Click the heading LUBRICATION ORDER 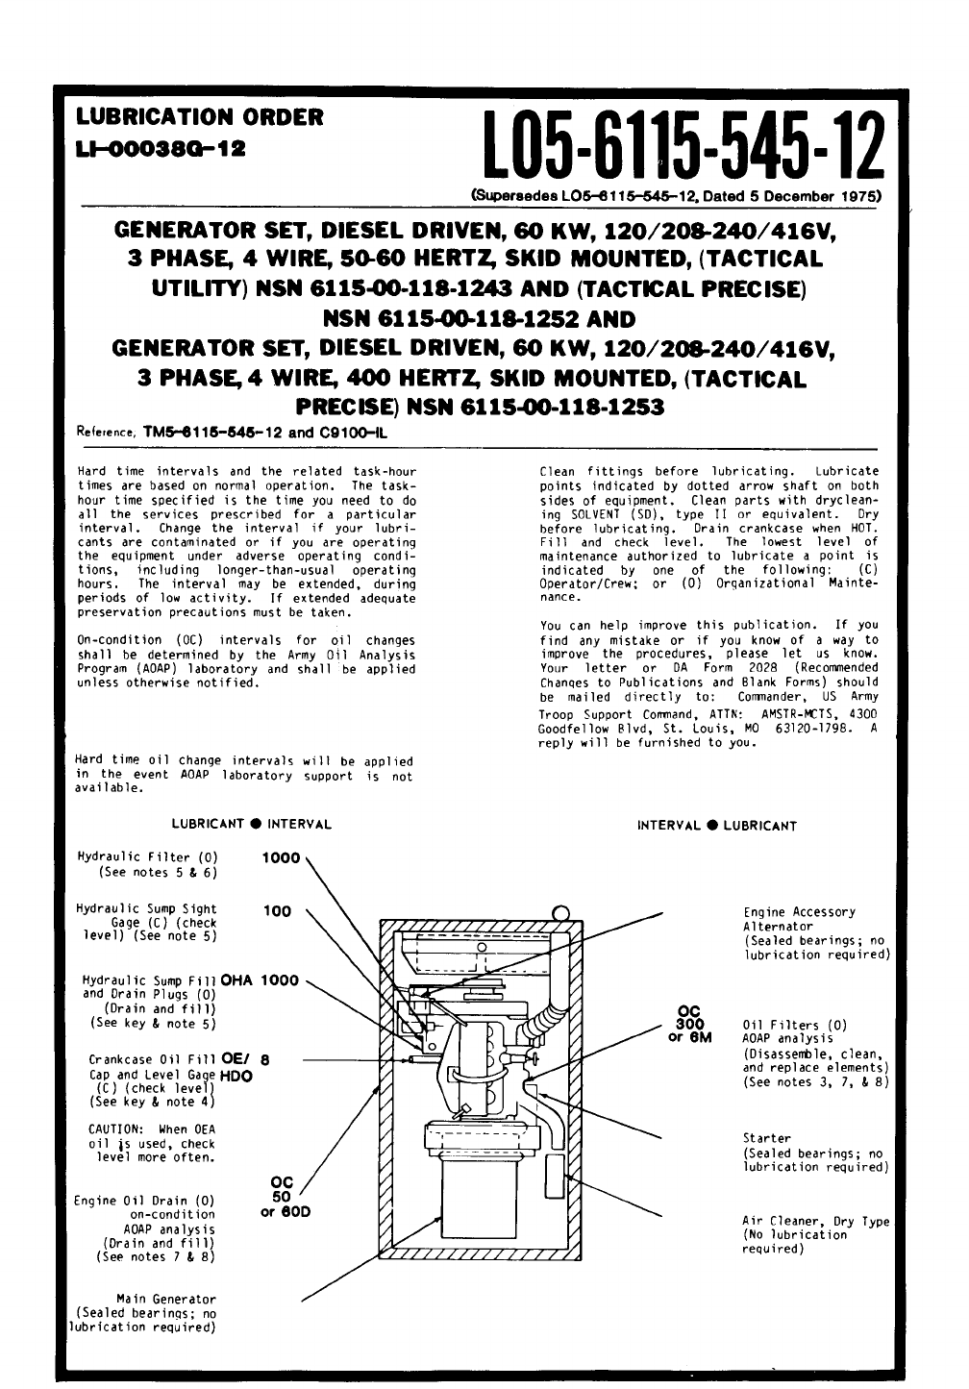click(x=199, y=117)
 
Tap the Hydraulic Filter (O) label click(x=147, y=857)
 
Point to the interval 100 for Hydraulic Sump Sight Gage click(x=277, y=910)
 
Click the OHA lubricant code click(x=236, y=980)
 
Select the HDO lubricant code click(x=236, y=1077)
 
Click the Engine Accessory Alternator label click(x=799, y=919)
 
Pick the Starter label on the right click(x=766, y=1138)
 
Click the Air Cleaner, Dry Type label click(x=815, y=1222)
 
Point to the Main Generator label click(x=174, y=1299)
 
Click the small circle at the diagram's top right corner click(x=561, y=912)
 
